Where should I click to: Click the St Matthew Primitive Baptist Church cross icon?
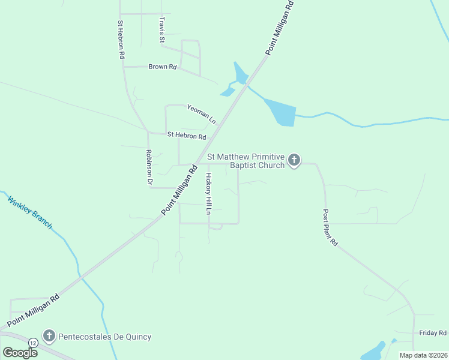point(294,160)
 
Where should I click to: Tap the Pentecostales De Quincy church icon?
point(49,337)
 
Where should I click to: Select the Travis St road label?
point(161,30)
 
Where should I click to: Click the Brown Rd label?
point(163,67)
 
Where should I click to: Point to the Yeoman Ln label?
point(201,113)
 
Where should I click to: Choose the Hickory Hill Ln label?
point(209,194)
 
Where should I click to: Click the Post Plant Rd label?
point(330,228)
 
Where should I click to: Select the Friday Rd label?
point(433,332)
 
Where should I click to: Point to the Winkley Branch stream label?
point(30,211)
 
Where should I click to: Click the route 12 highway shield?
point(32,342)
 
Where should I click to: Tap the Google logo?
point(20,352)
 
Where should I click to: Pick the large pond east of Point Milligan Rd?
point(281,112)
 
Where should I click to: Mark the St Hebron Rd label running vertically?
point(121,39)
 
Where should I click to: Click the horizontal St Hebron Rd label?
point(187,136)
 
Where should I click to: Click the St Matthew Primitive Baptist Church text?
point(247,161)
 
